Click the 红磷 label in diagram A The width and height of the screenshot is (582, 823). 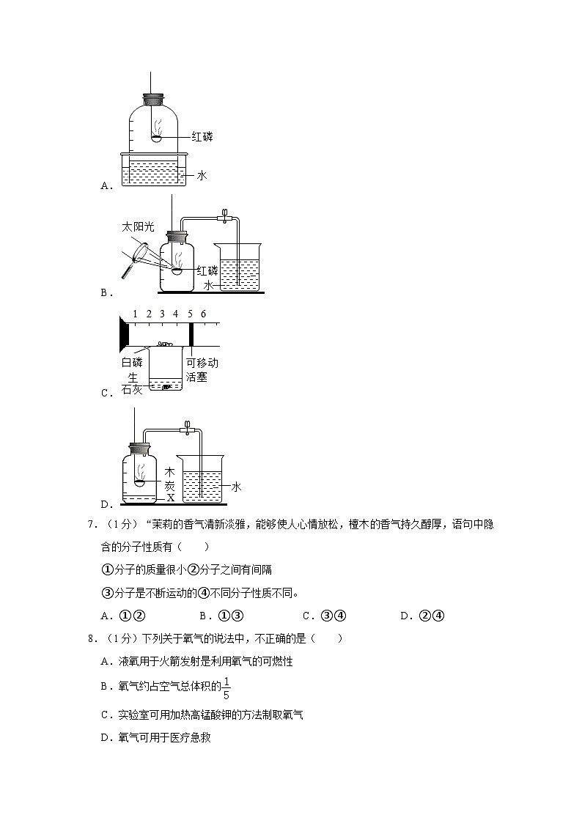pos(202,136)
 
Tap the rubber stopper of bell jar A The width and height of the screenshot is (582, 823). pos(153,98)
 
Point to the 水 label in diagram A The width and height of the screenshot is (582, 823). pos(202,175)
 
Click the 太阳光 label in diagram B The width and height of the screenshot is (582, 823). pos(138,227)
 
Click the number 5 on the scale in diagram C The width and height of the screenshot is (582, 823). pos(190,314)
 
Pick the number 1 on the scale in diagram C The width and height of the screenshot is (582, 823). pos(136,314)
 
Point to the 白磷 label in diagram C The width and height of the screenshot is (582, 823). pos(133,362)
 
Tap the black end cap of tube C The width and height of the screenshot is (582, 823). pos(123,334)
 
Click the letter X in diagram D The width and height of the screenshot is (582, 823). pos(171,497)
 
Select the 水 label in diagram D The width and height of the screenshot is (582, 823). pos(237,487)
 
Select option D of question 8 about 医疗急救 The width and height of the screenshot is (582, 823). pos(155,738)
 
